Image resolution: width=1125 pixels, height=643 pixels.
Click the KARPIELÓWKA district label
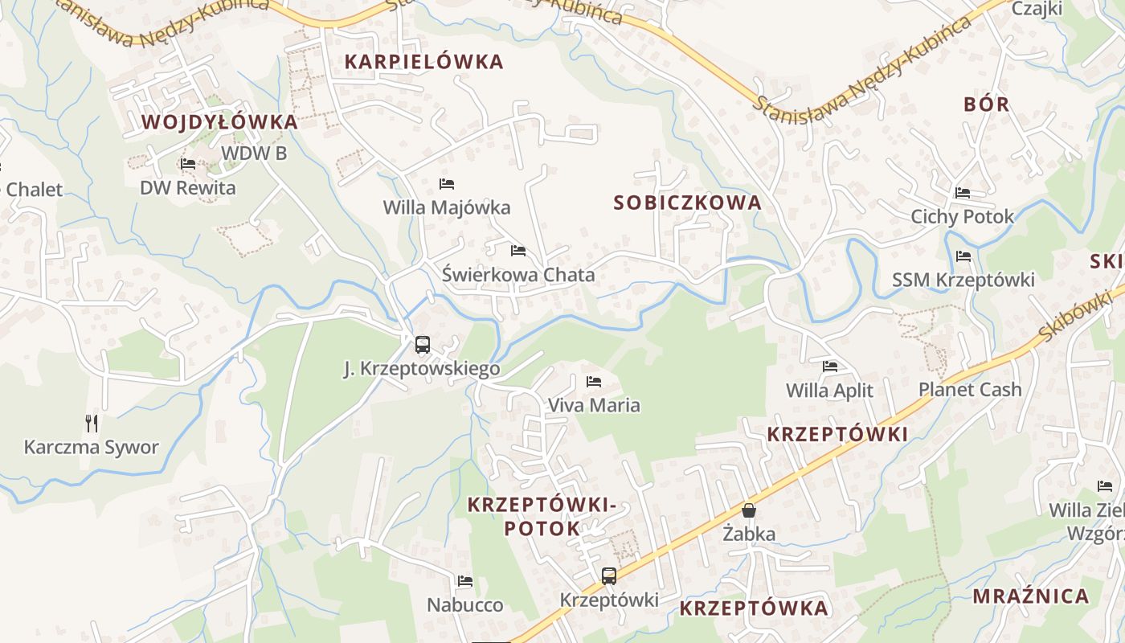(x=423, y=61)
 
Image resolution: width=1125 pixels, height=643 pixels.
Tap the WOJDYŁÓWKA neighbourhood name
(x=219, y=122)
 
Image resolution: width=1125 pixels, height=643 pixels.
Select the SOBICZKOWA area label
(x=687, y=203)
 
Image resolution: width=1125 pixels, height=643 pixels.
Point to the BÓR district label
(x=986, y=104)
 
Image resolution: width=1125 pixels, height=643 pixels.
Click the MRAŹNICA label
(x=1031, y=596)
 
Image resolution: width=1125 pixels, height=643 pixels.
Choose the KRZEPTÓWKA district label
(x=753, y=608)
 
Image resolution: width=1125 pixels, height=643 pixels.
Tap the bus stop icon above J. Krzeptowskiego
(x=423, y=345)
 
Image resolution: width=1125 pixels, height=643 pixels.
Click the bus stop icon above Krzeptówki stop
(x=609, y=575)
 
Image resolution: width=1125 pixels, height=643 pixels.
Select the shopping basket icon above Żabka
(x=749, y=510)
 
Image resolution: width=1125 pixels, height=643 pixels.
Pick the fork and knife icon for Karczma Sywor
(x=92, y=423)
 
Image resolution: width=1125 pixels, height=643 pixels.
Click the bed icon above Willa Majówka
(x=447, y=184)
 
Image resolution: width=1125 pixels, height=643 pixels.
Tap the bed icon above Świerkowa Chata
(x=518, y=251)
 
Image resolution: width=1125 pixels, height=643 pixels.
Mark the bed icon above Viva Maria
(x=594, y=381)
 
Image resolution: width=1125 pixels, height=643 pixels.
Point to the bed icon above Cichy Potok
(x=963, y=193)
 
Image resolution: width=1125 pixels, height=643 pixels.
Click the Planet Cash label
(x=970, y=390)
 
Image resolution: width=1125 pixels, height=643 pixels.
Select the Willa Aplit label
(x=829, y=391)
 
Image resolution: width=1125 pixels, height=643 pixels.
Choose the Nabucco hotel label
(x=465, y=604)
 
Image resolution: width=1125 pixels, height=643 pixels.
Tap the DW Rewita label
(x=188, y=188)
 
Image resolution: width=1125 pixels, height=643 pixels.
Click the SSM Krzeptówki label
(x=963, y=280)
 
